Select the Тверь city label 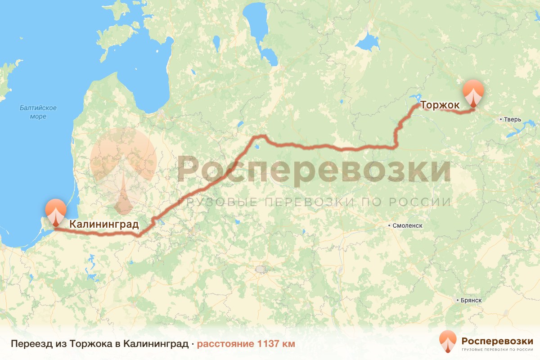(512, 120)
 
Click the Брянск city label (471, 300)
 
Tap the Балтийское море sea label (38, 112)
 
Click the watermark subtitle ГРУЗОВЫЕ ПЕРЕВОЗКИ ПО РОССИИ (314, 202)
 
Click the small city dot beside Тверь (501, 120)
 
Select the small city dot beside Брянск (457, 300)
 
